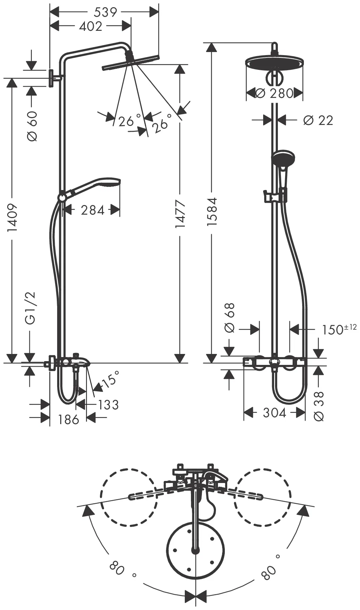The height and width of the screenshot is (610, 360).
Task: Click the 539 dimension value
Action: pyautogui.click(x=105, y=12)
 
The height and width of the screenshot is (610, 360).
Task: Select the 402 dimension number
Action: pyautogui.click(x=91, y=26)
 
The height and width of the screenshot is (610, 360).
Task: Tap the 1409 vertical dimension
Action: pyautogui.click(x=12, y=217)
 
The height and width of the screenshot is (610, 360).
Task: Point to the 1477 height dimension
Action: pyautogui.click(x=180, y=214)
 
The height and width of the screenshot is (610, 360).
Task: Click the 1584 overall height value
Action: pyautogui.click(x=212, y=212)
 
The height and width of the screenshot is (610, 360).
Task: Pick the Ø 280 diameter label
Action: pyautogui.click(x=274, y=93)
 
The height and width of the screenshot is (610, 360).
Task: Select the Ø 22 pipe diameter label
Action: pyautogui.click(x=318, y=120)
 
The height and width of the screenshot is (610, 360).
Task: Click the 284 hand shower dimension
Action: pyautogui.click(x=93, y=210)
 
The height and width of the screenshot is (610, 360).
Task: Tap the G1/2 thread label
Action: pyautogui.click(x=30, y=308)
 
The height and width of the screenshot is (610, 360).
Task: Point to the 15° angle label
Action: pyautogui.click(x=110, y=379)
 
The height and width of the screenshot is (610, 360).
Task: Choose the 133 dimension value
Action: pyautogui.click(x=108, y=405)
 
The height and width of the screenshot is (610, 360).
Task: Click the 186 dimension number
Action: pyautogui.click(x=68, y=419)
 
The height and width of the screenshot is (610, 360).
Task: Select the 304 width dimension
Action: pyautogui.click(x=274, y=413)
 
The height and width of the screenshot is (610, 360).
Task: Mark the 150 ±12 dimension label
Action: pyautogui.click(x=339, y=329)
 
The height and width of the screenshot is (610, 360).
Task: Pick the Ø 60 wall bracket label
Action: pyautogui.click(x=32, y=126)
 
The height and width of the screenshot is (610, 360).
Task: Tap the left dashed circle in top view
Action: pyautogui.click(x=129, y=497)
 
